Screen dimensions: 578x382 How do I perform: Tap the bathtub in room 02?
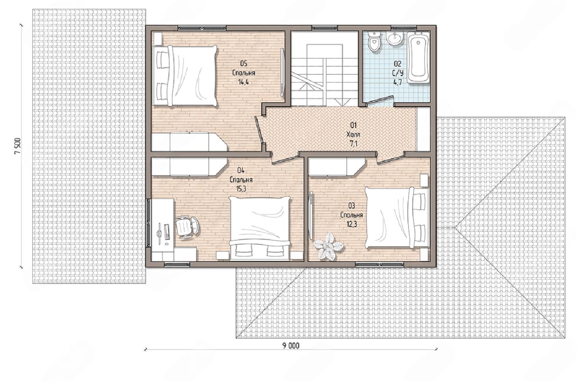click(x=418, y=58)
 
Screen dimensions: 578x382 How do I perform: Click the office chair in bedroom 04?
click(x=187, y=227)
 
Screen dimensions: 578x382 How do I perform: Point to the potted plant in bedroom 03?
click(x=328, y=246)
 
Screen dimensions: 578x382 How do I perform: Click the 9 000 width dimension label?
click(x=291, y=346)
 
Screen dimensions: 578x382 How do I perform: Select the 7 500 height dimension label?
click(x=18, y=146)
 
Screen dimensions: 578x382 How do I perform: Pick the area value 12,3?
click(x=352, y=224)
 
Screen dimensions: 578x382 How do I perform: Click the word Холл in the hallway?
click(x=353, y=135)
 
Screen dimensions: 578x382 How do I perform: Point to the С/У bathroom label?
click(x=398, y=73)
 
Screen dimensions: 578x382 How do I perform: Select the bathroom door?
click(x=380, y=100)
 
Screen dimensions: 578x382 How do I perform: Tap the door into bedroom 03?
click(x=390, y=158)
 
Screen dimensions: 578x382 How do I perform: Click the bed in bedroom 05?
click(x=185, y=76)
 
